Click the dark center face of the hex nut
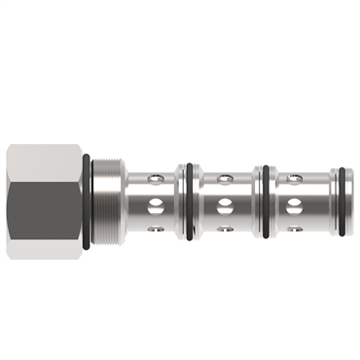pyautogui.click(x=44, y=202)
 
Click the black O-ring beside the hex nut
pyautogui.click(x=90, y=202)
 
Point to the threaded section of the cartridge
pyautogui.click(x=107, y=202)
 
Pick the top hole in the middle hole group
pyautogui.click(x=224, y=178)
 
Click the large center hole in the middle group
pyautogui.click(x=225, y=203)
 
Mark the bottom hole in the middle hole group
pyautogui.click(x=224, y=229)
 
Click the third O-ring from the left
pyautogui.click(x=263, y=202)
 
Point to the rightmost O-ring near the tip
pyautogui.click(x=336, y=202)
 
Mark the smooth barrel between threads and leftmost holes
pyautogui.click(x=132, y=202)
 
